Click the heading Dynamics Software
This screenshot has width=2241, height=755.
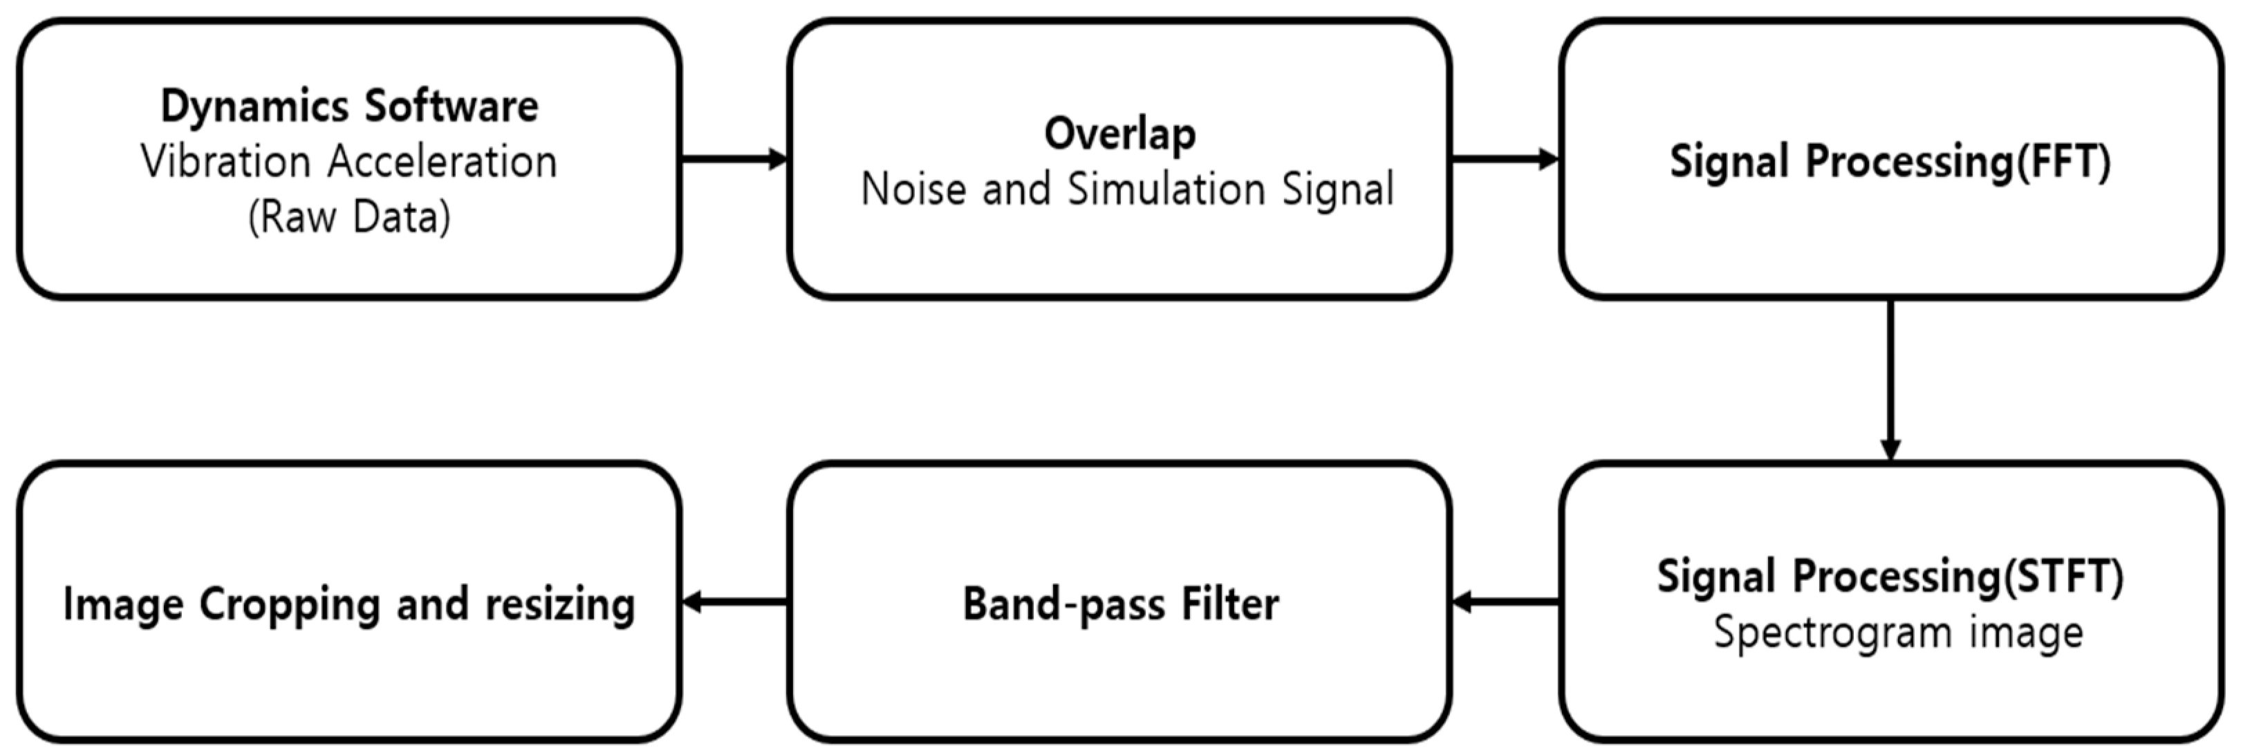(349, 106)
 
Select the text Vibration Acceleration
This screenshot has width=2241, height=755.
(349, 162)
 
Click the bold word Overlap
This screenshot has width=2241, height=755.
(1119, 134)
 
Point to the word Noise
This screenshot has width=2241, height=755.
(913, 189)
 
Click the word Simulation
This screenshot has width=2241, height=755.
(1166, 189)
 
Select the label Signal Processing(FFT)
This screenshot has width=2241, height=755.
(1890, 162)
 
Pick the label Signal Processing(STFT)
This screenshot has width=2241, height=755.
(1890, 577)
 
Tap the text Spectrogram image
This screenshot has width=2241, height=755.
(1898, 633)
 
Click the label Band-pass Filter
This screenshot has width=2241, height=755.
(1119, 604)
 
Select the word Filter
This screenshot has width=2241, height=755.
(1229, 604)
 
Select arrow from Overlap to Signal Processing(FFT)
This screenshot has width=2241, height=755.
(1505, 159)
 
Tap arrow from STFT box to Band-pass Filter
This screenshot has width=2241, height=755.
(1505, 601)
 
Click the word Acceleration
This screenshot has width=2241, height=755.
(442, 162)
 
